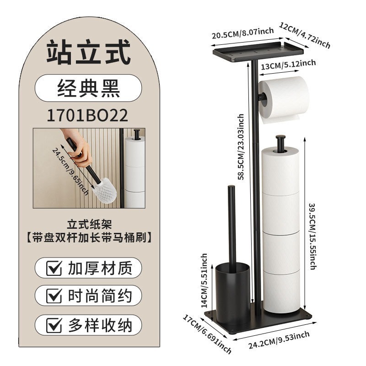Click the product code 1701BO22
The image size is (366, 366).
click(87, 115)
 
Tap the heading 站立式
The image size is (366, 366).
click(88, 52)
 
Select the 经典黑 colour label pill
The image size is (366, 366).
click(88, 88)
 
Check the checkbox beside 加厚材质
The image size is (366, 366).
click(54, 268)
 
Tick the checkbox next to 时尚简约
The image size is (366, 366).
click(54, 296)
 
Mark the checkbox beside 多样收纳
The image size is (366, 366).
click(54, 325)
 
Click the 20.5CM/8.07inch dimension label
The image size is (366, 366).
click(243, 33)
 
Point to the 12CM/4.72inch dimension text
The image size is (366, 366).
click(305, 35)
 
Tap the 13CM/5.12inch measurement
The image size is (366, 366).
click(288, 65)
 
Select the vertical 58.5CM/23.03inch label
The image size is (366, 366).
click(241, 146)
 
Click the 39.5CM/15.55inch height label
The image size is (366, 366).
click(312, 237)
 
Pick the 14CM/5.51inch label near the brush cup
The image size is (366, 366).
click(204, 280)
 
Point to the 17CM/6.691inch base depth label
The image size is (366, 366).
click(207, 334)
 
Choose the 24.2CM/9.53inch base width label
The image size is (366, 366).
click(279, 340)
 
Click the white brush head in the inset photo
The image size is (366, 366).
click(105, 190)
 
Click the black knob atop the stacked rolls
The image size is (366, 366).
click(280, 142)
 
